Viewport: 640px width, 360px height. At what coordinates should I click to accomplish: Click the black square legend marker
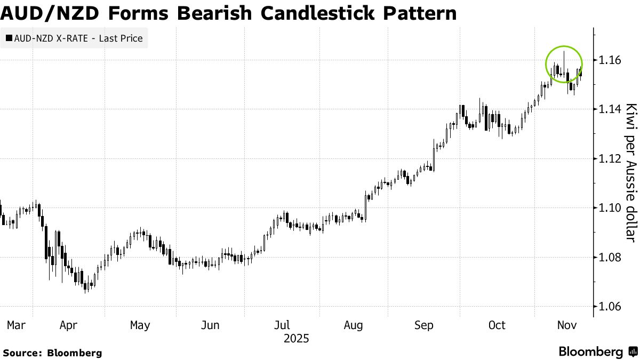pos(9,38)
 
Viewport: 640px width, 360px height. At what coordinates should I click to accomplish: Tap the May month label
pos(140,325)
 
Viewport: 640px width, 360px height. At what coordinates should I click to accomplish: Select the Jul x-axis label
pos(283,325)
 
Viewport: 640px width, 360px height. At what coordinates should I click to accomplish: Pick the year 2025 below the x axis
pos(297,338)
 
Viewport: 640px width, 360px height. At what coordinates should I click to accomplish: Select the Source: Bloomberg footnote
pos(53,353)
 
